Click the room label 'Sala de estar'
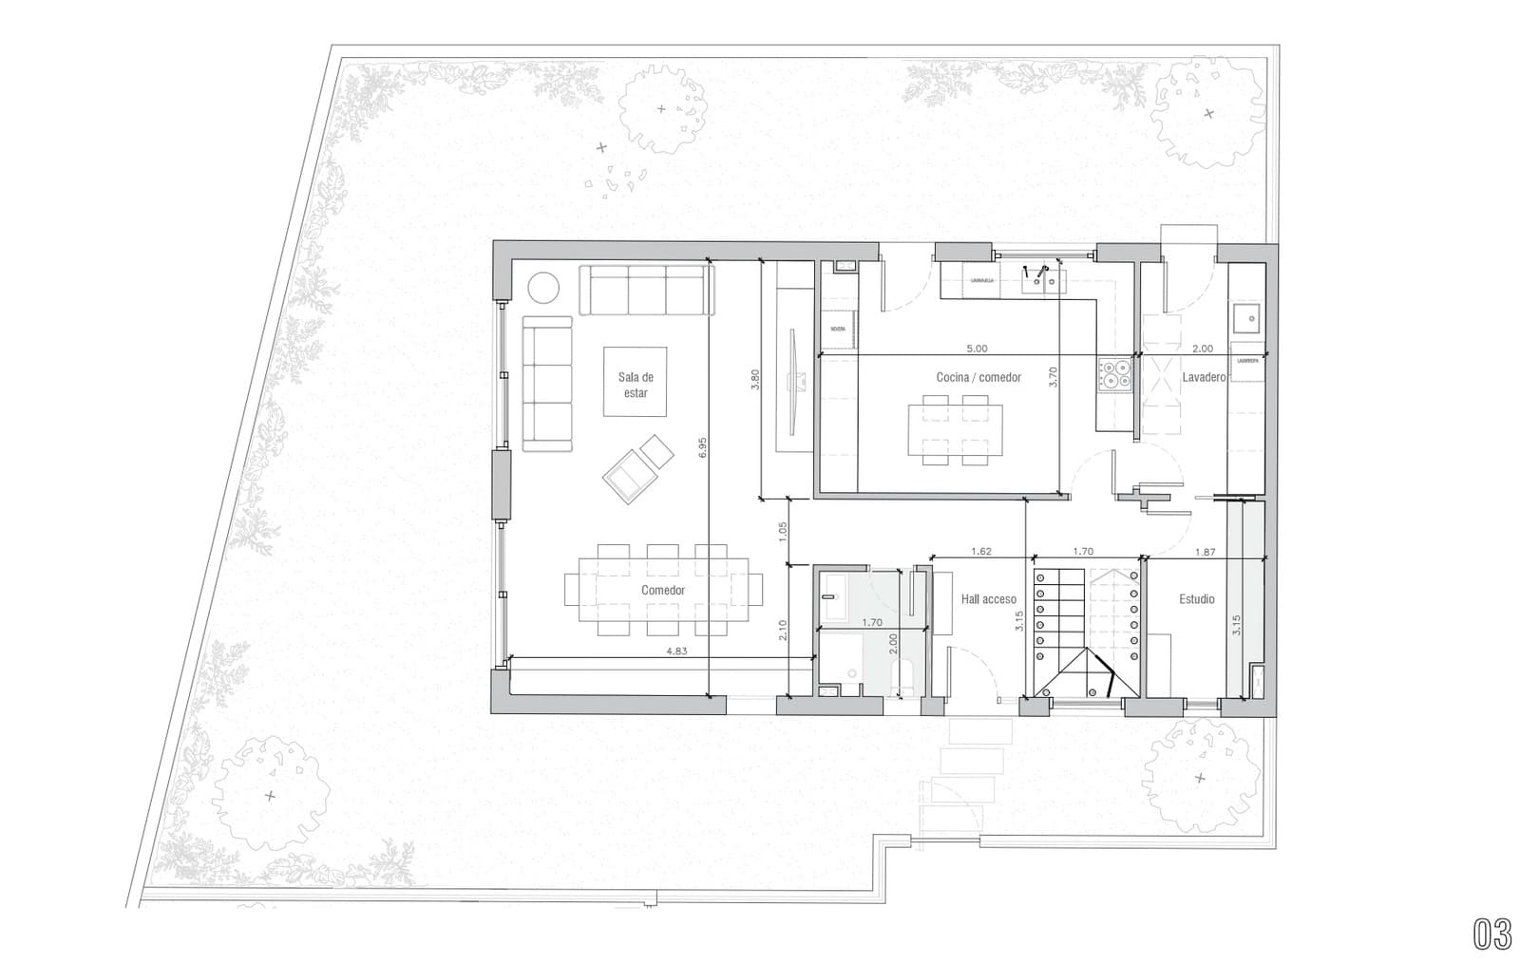636,385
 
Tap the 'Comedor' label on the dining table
662,590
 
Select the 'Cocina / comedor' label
978,377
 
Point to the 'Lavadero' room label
1204,377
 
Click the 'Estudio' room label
1196,599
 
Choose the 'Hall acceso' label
988,599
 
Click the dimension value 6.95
702,448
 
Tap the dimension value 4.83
675,651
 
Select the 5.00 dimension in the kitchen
977,349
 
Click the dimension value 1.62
981,551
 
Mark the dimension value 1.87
1205,551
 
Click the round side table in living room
544,288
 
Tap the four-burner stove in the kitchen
1114,375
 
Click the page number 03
1491,934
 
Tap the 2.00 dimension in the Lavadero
1202,349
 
